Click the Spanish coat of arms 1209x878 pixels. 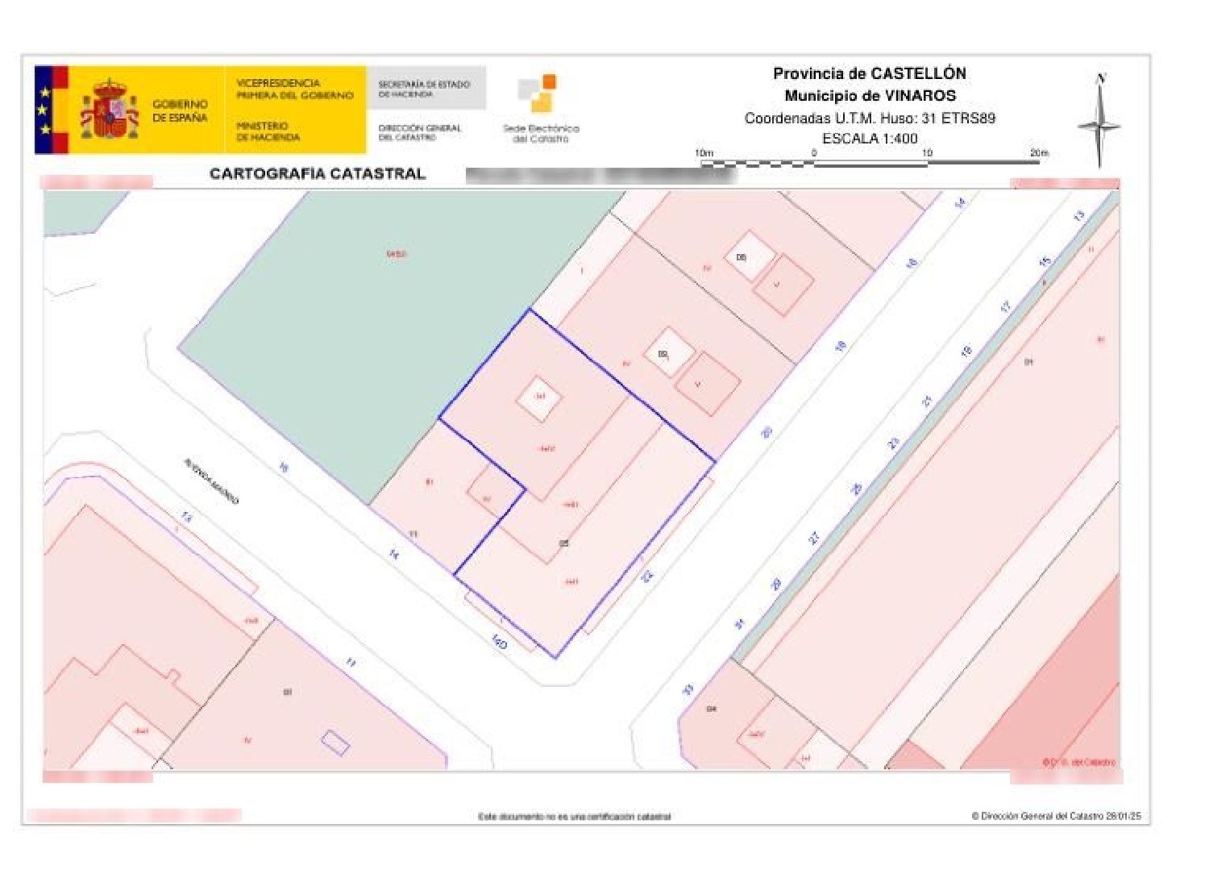pos(110,110)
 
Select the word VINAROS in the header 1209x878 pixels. pos(920,96)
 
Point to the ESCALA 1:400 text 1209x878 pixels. pos(870,139)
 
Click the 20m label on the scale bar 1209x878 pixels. pos(1038,153)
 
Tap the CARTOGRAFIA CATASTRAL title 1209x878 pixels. pos(317,174)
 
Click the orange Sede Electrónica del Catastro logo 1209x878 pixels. pos(538,94)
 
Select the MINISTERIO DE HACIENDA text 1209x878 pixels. pos(268,131)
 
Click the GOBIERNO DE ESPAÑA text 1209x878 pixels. pos(180,111)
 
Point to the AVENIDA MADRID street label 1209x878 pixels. pos(211,481)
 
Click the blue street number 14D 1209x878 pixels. pos(500,643)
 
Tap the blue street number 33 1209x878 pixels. pos(688,689)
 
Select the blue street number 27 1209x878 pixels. pos(814,538)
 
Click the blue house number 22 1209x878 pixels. pos(646,576)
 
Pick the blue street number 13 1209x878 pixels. pos(1078,216)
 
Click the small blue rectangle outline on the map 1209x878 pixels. pos(335,743)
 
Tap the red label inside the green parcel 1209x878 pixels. pos(396,255)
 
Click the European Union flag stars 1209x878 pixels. pos(44,110)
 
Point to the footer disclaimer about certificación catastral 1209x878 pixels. pos(574,817)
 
